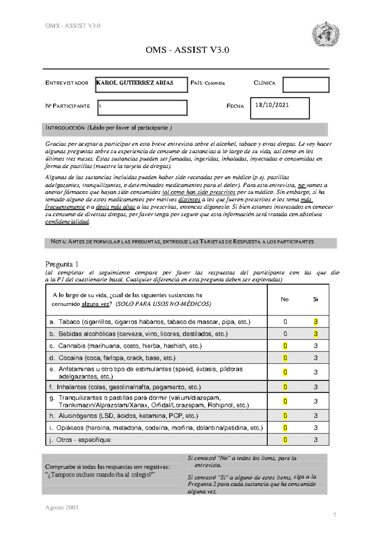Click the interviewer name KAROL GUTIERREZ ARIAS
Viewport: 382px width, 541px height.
135,83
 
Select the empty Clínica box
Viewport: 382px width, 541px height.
306,85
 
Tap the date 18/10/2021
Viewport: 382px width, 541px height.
272,105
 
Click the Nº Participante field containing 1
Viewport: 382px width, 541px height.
142,107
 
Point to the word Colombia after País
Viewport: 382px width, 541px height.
215,83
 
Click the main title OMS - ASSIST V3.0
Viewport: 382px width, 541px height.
187,50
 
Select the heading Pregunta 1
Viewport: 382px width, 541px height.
62,264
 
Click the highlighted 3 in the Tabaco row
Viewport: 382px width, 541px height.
315,322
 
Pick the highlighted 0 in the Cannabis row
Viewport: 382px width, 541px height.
285,346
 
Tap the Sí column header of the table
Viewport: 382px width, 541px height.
315,299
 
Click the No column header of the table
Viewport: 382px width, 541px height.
285,299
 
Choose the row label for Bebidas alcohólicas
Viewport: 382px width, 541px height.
139,334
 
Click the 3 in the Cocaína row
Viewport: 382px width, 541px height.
315,358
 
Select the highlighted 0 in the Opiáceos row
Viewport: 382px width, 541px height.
285,428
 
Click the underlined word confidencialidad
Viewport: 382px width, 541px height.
67,222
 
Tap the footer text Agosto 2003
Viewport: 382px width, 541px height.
62,508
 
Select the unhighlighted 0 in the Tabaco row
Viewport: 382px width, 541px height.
285,322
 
